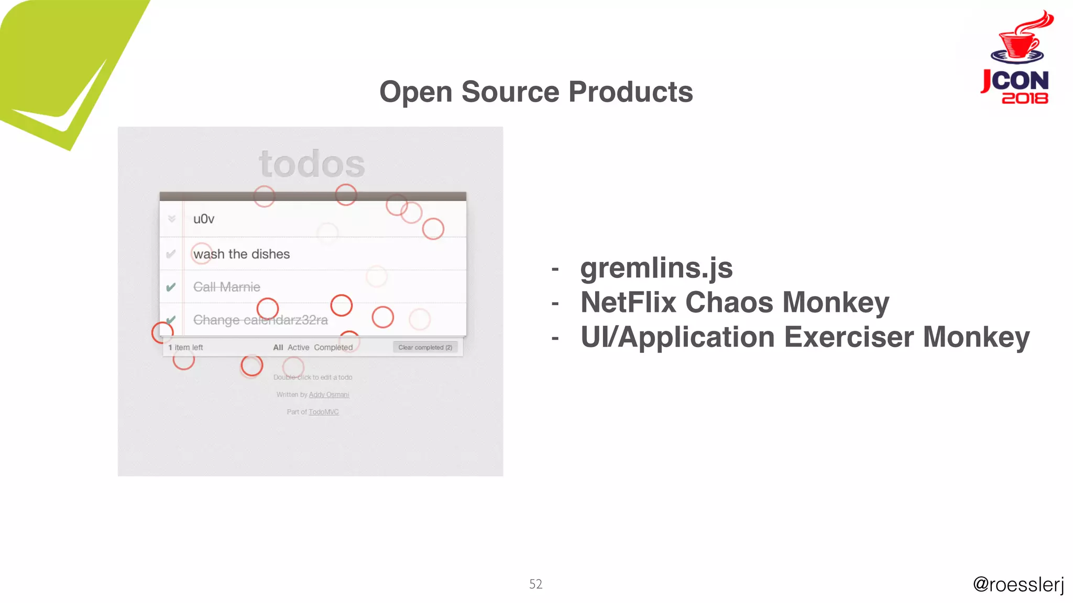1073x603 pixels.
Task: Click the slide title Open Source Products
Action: (x=536, y=92)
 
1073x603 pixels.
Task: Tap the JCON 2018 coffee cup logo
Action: (x=1017, y=58)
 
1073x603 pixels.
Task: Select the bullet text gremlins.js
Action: (x=656, y=269)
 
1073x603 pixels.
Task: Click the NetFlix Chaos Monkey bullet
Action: (x=735, y=303)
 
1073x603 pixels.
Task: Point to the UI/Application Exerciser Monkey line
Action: (x=805, y=338)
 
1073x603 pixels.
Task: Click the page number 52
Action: (x=535, y=584)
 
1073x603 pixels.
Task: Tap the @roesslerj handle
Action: (x=1018, y=585)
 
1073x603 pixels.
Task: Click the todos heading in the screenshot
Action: (x=312, y=164)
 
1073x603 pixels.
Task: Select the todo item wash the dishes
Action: (x=242, y=254)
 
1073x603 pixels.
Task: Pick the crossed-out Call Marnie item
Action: (x=227, y=287)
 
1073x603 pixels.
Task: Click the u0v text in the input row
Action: (x=204, y=219)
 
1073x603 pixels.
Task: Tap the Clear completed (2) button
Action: (x=425, y=348)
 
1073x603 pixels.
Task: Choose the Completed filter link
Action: (x=333, y=348)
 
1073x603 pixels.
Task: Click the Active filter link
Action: (x=298, y=348)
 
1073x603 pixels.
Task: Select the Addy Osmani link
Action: (x=329, y=395)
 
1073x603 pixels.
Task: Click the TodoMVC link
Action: (x=323, y=412)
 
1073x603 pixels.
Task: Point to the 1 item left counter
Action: (x=185, y=348)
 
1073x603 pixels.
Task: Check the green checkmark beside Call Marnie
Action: (x=171, y=287)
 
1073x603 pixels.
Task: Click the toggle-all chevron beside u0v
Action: (x=172, y=219)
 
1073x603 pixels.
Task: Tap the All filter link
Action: (x=278, y=348)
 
